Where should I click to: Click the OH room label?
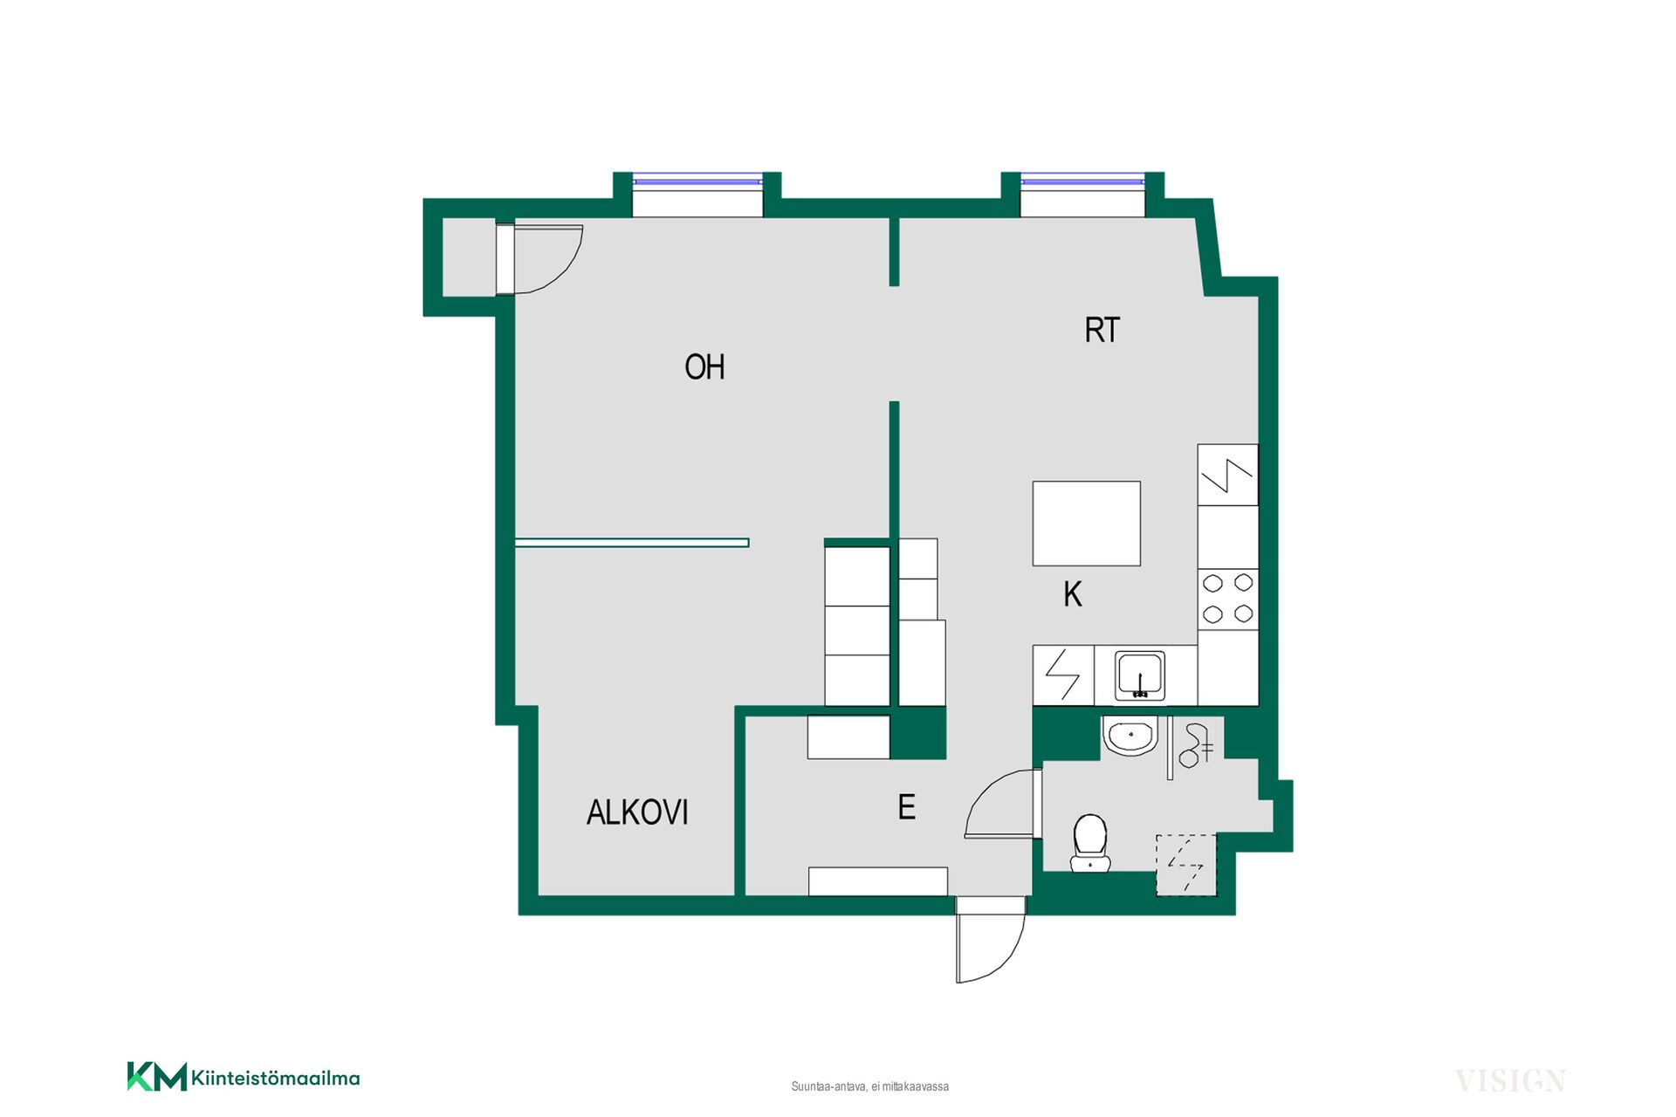tap(704, 367)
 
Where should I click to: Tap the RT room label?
tap(1102, 331)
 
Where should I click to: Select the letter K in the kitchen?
tap(1073, 594)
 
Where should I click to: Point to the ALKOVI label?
tap(637, 812)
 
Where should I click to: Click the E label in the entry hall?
tap(907, 807)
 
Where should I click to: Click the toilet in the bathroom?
tap(1090, 843)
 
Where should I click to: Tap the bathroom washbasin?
tap(1130, 735)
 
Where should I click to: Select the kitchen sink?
tap(1140, 675)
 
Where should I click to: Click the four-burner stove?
tap(1228, 599)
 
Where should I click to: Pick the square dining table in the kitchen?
tap(1087, 524)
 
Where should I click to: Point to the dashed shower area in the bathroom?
tap(1186, 865)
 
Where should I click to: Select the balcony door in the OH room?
tap(539, 259)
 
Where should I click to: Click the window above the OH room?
tap(697, 181)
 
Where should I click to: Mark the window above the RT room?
tap(1082, 181)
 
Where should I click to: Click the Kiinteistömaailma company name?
tap(275, 1079)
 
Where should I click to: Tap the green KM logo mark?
tap(157, 1076)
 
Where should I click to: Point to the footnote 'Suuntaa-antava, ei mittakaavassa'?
tap(870, 1086)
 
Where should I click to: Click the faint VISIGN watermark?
tap(1510, 1081)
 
